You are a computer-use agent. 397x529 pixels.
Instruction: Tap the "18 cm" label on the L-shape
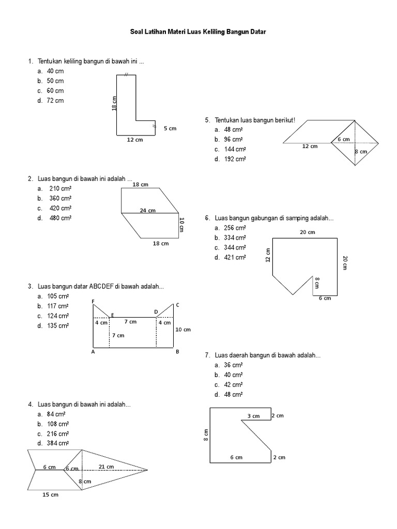114,103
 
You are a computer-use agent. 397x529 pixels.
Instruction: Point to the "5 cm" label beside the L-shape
170,128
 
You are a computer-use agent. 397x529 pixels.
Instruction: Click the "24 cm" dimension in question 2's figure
148,210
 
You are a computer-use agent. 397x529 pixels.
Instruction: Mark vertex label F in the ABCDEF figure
93,301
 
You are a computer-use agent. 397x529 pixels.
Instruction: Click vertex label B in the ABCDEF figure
177,352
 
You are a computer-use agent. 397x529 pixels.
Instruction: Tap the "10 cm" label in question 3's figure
183,330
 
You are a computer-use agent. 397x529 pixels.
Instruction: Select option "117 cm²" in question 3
58,306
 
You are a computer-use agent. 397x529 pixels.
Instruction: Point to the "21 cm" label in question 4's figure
106,466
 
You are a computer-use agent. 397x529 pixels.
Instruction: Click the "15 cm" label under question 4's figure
50,495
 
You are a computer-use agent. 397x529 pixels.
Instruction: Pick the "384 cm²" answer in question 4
58,443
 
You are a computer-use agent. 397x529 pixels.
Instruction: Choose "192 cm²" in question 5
235,159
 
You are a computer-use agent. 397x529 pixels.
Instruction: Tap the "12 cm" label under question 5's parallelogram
310,146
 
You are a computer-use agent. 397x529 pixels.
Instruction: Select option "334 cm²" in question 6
235,238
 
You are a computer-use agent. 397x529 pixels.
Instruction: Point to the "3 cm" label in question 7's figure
253,416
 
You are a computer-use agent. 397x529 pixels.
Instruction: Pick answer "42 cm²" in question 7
233,385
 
